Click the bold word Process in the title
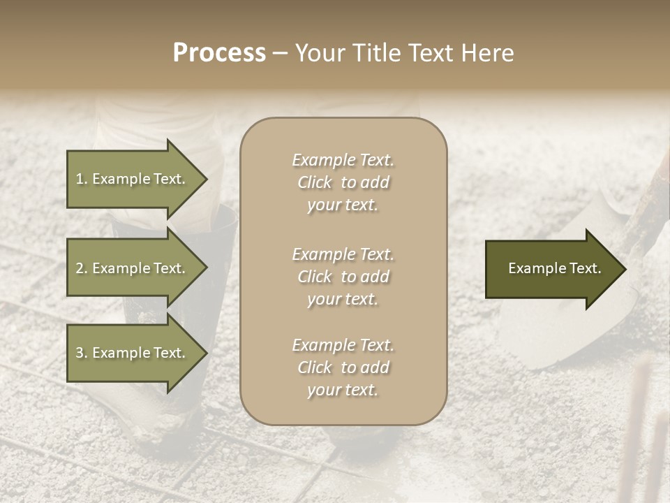tap(219, 53)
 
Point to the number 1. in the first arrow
tap(81, 179)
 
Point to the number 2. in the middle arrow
tap(81, 268)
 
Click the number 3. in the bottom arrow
tap(81, 353)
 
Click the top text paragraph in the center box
tap(343, 182)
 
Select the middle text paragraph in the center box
tap(343, 277)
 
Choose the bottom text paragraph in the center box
tap(343, 367)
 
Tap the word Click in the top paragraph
tap(314, 182)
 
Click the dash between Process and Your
tap(281, 53)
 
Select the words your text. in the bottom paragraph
tap(343, 390)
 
